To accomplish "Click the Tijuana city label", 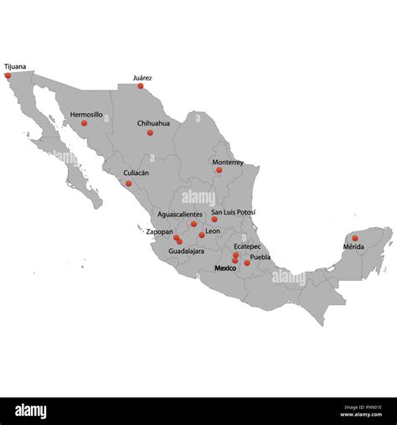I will pos(15,65).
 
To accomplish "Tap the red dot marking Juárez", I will pos(141,86).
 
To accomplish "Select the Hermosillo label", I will pos(86,114).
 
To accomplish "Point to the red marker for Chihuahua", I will pos(151,132).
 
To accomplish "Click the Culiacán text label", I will pos(137,173).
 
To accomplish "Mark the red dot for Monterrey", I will pos(219,170).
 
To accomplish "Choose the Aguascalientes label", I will pos(180,215).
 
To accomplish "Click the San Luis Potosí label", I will pos(234,213).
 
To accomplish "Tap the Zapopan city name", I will pos(159,231).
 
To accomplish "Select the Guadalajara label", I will pos(187,251).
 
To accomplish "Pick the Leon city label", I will pos(213,231).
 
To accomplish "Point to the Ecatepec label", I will pos(247,246).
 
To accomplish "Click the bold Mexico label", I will pos(225,268).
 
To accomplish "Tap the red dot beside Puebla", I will pos(247,263).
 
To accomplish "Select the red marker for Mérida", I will pos(355,238).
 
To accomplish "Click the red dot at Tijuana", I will pos(8,75).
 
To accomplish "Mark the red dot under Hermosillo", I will pos(84,123).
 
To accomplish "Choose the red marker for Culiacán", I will pos(129,183).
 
